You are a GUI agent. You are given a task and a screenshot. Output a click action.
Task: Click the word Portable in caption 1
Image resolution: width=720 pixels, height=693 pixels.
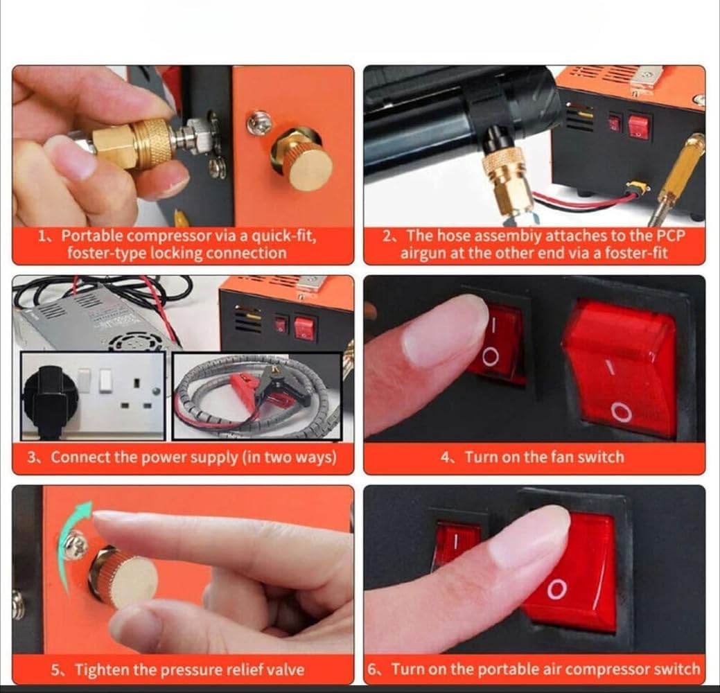point(92,236)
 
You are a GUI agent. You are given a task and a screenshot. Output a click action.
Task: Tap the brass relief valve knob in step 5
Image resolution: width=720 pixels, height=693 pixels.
point(123,577)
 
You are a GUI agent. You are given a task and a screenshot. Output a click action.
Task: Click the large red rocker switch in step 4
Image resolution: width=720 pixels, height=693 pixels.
point(621,367)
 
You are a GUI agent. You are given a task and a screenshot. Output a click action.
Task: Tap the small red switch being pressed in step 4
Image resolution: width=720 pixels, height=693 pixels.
point(499,344)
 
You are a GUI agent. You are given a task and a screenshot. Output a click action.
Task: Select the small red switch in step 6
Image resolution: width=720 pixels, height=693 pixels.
point(456,544)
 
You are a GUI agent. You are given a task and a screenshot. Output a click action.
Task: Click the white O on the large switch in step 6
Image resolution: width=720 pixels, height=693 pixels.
point(556,589)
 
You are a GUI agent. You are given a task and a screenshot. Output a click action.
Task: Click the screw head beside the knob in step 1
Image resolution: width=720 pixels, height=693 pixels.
point(258,123)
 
